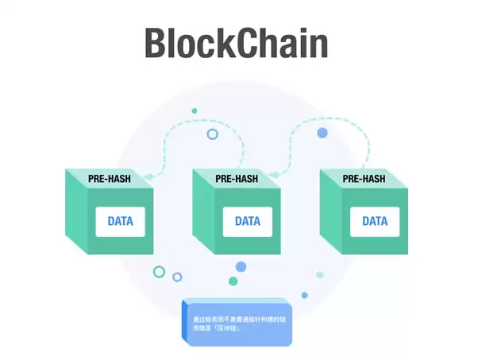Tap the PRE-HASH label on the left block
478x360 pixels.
pyautogui.click(x=110, y=179)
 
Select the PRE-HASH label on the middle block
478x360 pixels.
pyautogui.click(x=237, y=179)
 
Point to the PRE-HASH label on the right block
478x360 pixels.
pyautogui.click(x=364, y=179)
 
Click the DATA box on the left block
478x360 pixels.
pyautogui.click(x=121, y=220)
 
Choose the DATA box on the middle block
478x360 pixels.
pyautogui.click(x=247, y=220)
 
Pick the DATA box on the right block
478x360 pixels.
pyautogui.click(x=375, y=220)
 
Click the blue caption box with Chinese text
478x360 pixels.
pyautogui.click(x=238, y=323)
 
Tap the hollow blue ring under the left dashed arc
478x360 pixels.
pyautogui.click(x=212, y=134)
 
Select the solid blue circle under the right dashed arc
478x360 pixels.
pyautogui.click(x=322, y=133)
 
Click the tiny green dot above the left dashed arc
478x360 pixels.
pyautogui.click(x=194, y=111)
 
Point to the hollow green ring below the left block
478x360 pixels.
pyautogui.click(x=159, y=272)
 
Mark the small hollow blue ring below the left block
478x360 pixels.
pyautogui.click(x=177, y=277)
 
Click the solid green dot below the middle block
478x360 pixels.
pyautogui.click(x=233, y=281)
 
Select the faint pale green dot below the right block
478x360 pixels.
pyautogui.click(x=320, y=275)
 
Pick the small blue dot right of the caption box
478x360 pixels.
pyautogui.click(x=304, y=295)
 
